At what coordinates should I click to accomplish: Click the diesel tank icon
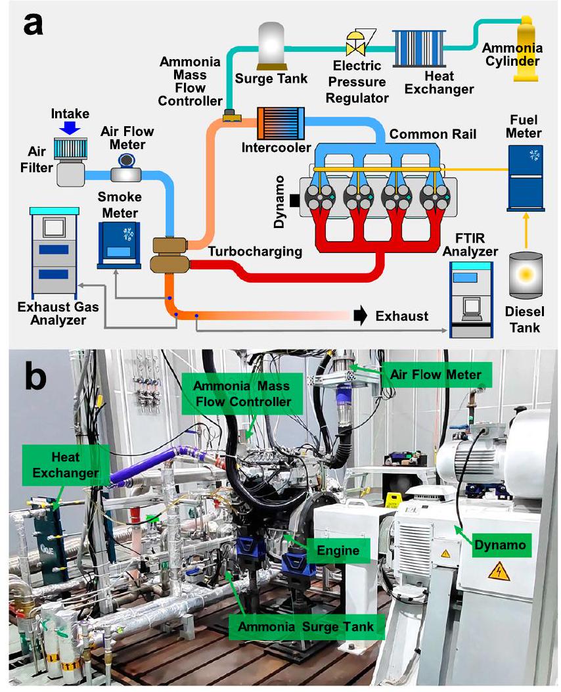[x=525, y=276]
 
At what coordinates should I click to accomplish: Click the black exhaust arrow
[x=360, y=315]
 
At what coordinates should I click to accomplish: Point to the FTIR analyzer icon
[x=471, y=300]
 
